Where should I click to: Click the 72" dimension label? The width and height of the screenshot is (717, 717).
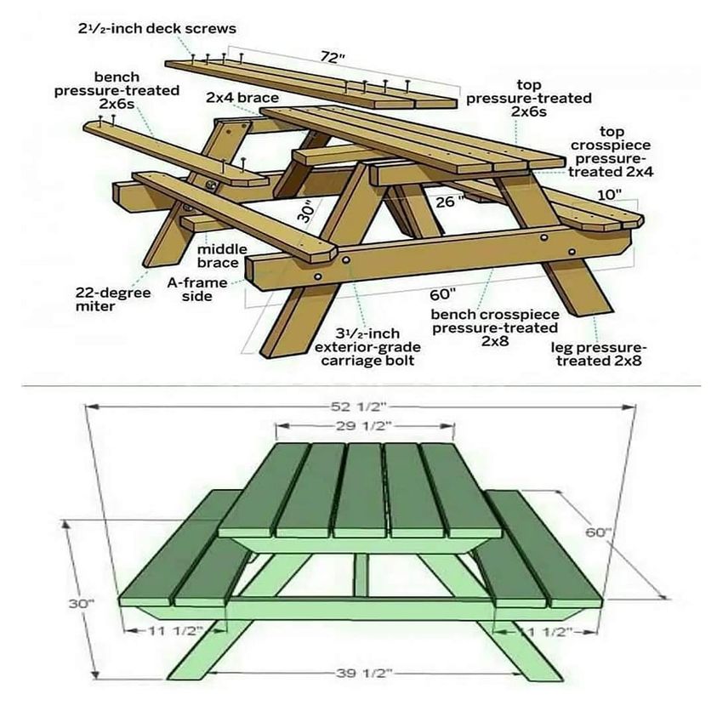pos(333,58)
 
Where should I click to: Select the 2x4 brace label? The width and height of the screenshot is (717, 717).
pos(242,98)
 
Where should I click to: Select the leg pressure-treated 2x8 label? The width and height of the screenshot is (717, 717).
pos(599,354)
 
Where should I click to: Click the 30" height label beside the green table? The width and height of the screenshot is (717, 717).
pos(81,602)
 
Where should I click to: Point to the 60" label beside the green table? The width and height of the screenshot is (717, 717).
pos(598,532)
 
